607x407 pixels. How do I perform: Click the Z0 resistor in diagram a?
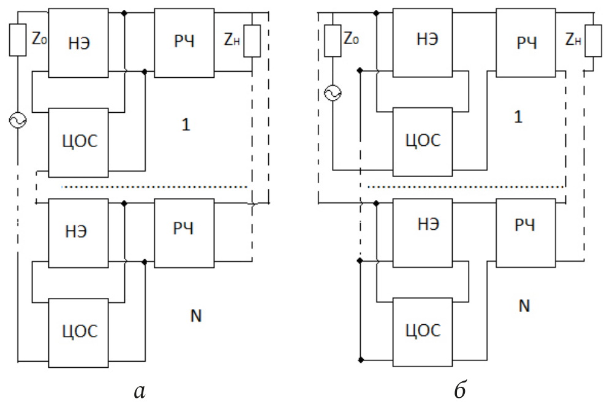click(18, 40)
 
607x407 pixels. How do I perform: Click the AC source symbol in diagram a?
click(17, 120)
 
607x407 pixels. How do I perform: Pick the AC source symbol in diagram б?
click(333, 93)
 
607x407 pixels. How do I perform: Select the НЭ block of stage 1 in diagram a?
click(78, 43)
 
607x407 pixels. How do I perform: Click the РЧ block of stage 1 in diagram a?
click(184, 43)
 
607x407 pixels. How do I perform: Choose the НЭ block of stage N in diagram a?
click(78, 234)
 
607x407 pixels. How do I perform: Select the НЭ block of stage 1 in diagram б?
click(423, 43)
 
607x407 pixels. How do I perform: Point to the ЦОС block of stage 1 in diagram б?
click(423, 142)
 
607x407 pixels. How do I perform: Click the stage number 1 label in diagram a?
click(186, 124)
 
